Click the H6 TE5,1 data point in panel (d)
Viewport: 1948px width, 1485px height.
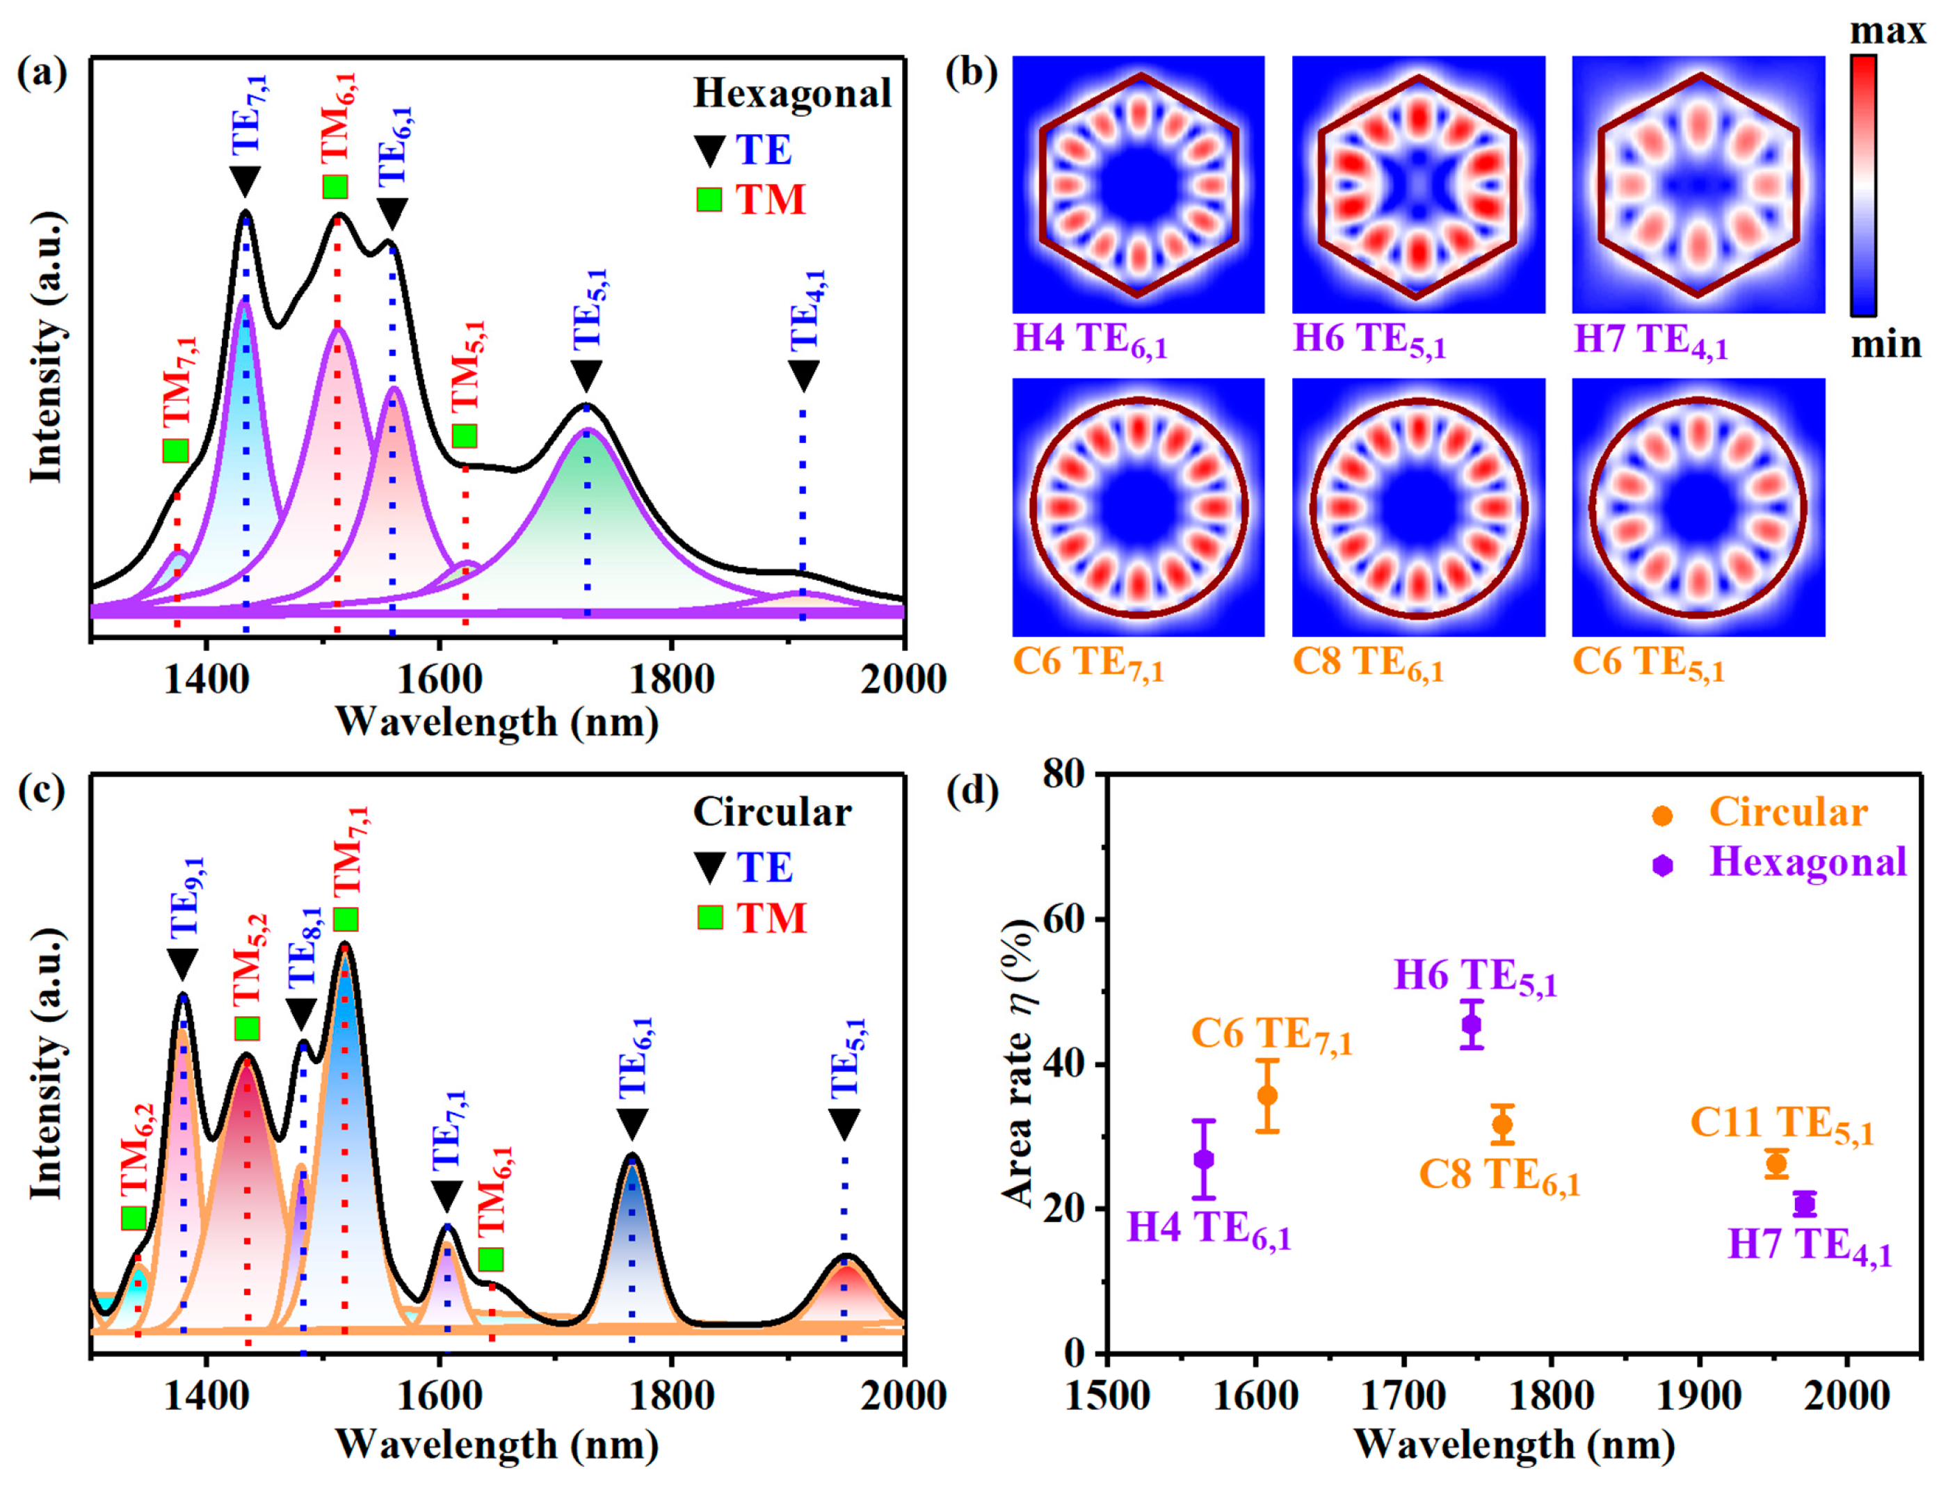click(1471, 1025)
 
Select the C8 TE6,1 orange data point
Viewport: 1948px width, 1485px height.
click(1502, 1124)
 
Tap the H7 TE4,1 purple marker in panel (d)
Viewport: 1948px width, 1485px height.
click(1805, 1204)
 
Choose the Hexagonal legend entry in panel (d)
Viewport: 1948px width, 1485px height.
click(1808, 862)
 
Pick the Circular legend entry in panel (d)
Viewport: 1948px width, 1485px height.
click(1787, 812)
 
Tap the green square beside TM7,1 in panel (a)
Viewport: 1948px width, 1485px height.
click(176, 450)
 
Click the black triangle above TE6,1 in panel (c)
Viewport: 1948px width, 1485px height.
click(632, 1123)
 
